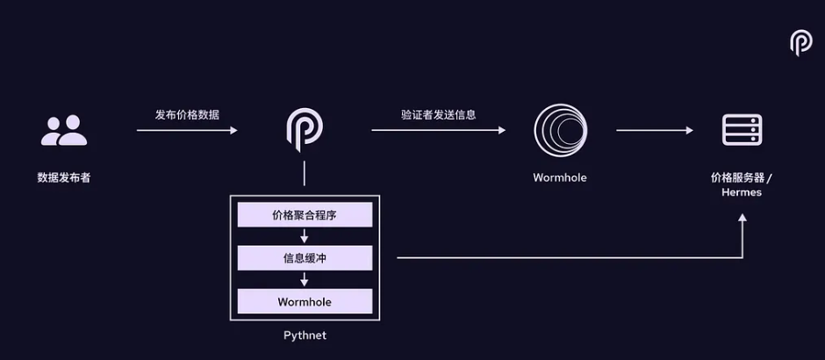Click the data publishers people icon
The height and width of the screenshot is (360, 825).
pyautogui.click(x=64, y=130)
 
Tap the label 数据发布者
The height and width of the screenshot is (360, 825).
pyautogui.click(x=63, y=177)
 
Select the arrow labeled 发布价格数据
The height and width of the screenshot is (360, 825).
pyautogui.click(x=187, y=131)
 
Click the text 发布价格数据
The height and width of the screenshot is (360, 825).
pyautogui.click(x=187, y=115)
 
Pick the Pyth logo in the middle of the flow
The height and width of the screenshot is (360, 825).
pyautogui.click(x=305, y=128)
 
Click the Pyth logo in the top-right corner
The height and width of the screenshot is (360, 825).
pyautogui.click(x=800, y=42)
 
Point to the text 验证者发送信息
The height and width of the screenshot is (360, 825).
pyautogui.click(x=439, y=114)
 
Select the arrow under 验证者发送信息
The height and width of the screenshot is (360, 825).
pyautogui.click(x=439, y=131)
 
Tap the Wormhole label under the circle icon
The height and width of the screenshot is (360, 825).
pyautogui.click(x=560, y=177)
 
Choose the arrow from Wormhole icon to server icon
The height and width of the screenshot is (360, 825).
pyautogui.click(x=655, y=131)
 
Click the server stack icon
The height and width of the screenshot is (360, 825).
pyautogui.click(x=741, y=130)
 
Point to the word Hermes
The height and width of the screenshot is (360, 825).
pyautogui.click(x=742, y=192)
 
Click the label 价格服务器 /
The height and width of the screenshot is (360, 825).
pyautogui.click(x=742, y=177)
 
